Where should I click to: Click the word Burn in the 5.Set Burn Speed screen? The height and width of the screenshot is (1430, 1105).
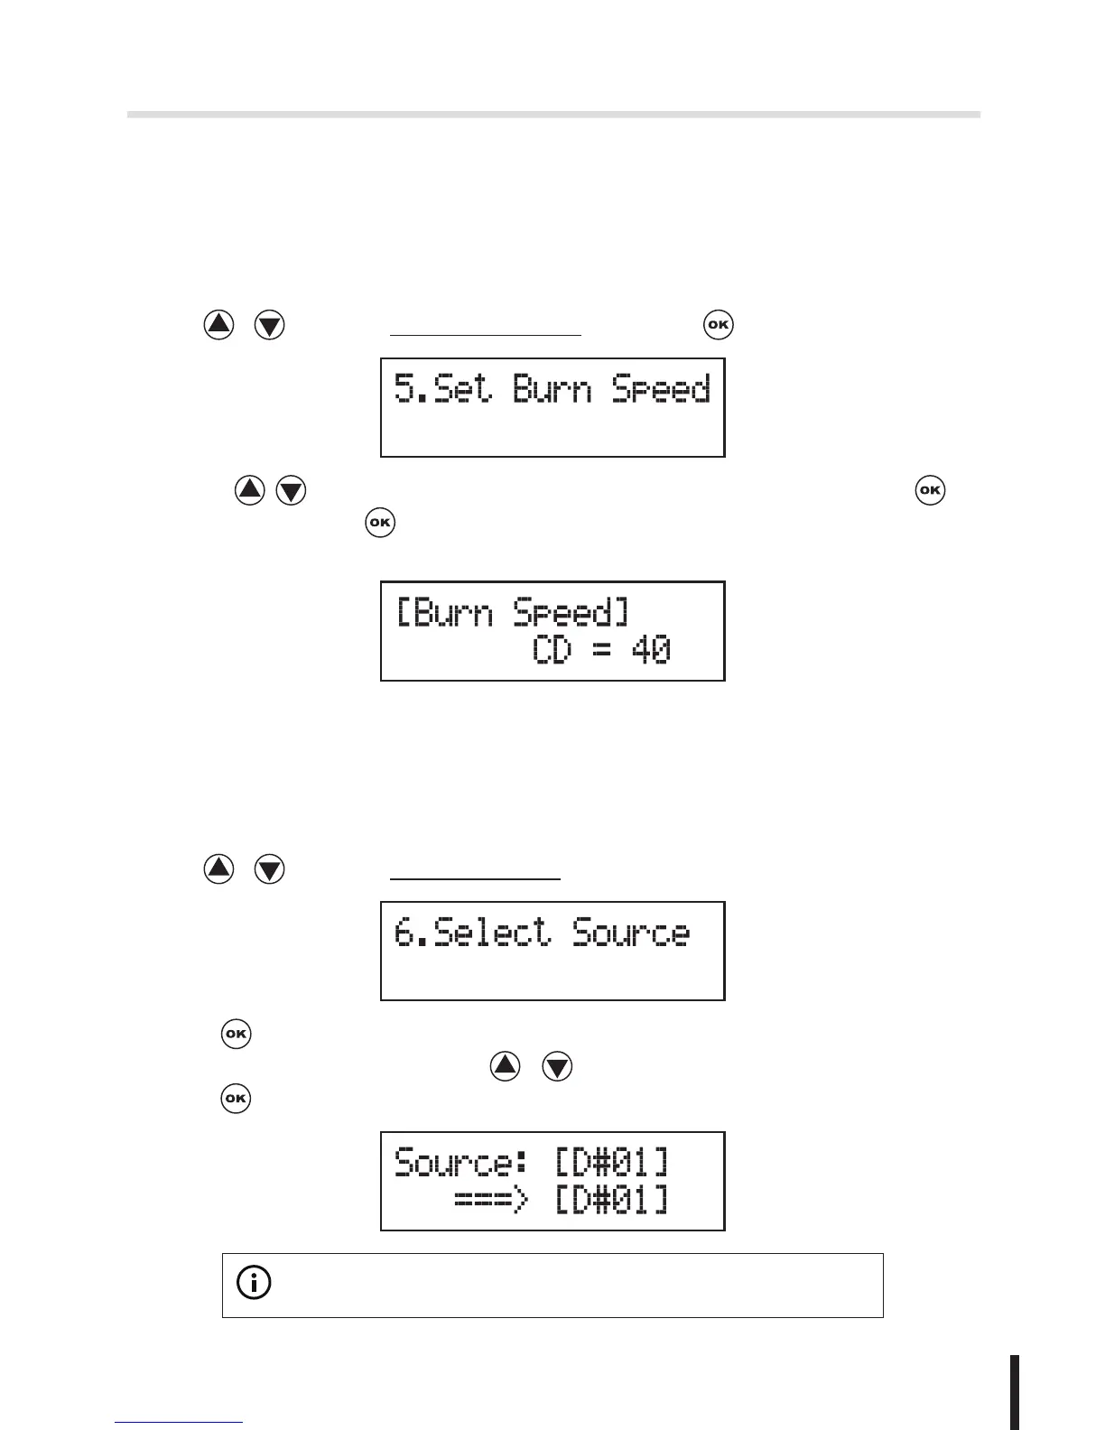(552, 389)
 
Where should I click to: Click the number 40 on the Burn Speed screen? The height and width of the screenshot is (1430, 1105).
(651, 650)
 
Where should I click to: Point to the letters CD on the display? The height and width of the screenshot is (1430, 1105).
(552, 650)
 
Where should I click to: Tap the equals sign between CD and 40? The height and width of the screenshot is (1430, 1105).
(601, 651)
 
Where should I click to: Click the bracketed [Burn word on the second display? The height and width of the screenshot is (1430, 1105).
(445, 613)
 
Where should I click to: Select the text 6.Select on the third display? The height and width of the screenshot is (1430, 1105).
(472, 933)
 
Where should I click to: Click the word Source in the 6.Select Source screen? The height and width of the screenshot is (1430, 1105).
(631, 933)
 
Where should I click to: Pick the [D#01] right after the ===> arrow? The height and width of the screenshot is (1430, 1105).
(611, 1201)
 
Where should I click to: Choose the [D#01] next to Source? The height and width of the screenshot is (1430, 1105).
(611, 1162)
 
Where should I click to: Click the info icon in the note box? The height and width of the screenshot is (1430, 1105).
(254, 1283)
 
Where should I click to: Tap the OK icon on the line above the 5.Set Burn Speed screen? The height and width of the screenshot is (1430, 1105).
(719, 325)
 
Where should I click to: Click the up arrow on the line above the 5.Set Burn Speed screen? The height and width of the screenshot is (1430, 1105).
(218, 325)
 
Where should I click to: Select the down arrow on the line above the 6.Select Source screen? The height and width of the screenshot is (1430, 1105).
(270, 869)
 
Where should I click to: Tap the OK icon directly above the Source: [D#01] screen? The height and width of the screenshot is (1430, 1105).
(236, 1099)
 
